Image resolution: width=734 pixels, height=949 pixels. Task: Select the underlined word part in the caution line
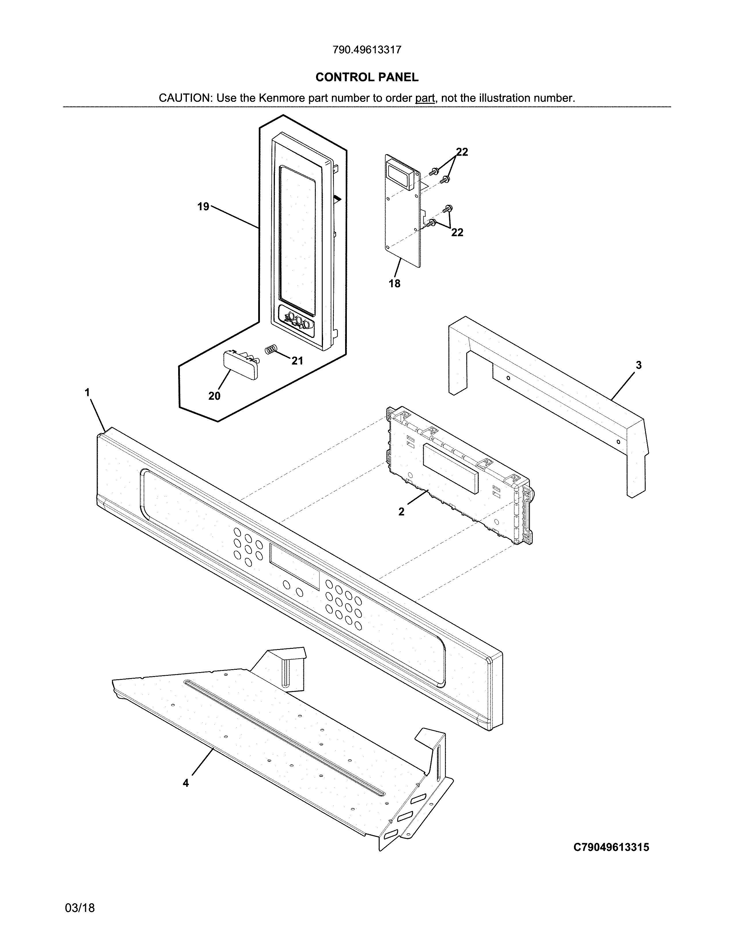pyautogui.click(x=425, y=98)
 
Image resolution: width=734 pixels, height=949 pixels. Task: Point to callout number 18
pyautogui.click(x=394, y=284)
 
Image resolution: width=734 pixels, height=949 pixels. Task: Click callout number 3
pyautogui.click(x=638, y=366)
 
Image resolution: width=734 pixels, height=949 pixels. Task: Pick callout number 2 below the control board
pyautogui.click(x=401, y=512)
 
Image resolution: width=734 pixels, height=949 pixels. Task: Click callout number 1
pyautogui.click(x=87, y=393)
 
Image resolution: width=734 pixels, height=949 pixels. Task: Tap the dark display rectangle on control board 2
pyautogui.click(x=450, y=468)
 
